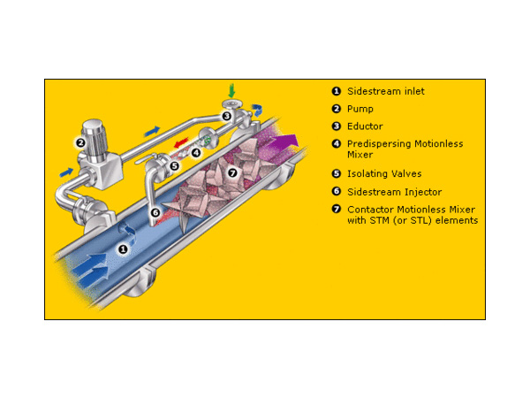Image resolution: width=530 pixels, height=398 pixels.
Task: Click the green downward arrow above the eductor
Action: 231,91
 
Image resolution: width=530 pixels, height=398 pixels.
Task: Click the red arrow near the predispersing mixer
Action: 181,142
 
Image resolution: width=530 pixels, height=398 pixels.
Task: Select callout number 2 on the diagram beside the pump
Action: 80,142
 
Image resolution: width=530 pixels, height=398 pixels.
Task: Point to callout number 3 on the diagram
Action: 226,117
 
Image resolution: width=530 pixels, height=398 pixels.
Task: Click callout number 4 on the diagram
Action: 196,153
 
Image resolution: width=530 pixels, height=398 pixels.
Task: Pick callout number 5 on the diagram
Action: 174,166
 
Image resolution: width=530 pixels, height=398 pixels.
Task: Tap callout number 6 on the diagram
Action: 155,212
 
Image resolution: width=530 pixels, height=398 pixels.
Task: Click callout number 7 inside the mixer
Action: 232,173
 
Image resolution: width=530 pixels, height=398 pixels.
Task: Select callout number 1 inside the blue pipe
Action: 123,249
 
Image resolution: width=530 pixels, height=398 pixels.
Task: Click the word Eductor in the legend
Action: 365,126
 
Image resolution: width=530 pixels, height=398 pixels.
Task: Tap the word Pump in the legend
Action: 360,109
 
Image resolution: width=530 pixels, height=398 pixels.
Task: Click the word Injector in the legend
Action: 423,192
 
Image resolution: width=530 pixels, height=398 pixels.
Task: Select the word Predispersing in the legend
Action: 379,144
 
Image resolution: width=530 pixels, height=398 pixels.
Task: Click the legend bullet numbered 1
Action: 336,91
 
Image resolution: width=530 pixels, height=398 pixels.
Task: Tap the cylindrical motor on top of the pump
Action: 95,139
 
